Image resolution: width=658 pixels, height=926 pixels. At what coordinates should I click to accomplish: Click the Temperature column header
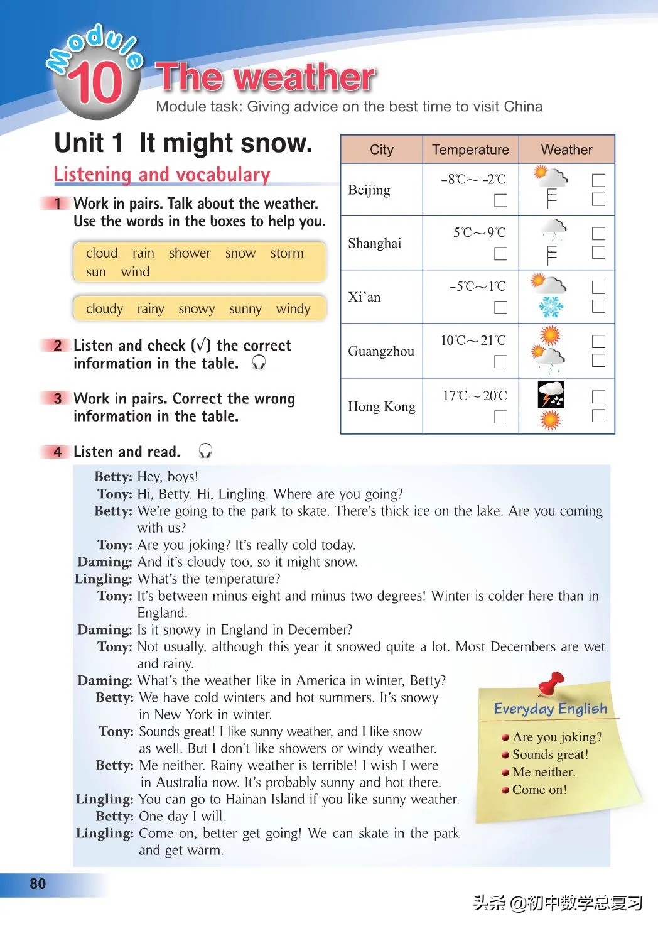(x=470, y=150)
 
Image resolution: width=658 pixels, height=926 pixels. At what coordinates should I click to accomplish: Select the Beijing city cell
(x=369, y=190)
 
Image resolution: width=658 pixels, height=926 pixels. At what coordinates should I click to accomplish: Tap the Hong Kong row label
(x=382, y=406)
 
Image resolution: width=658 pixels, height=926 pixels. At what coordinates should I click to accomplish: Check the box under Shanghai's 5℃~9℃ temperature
(x=500, y=254)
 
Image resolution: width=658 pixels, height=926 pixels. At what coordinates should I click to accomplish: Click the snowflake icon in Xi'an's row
(x=551, y=307)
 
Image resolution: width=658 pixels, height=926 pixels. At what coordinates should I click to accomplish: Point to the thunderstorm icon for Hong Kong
(x=551, y=395)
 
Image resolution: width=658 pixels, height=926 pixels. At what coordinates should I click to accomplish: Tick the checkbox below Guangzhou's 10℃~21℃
(x=500, y=361)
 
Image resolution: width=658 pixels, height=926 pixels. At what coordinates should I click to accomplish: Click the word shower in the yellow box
(x=190, y=253)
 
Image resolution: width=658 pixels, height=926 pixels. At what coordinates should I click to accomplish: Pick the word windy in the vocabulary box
(x=293, y=308)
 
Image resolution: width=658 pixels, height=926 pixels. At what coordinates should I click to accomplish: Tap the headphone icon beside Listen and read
(x=205, y=451)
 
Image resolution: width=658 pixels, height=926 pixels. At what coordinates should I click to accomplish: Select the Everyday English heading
(x=551, y=709)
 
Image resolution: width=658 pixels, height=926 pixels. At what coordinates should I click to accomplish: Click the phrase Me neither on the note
(x=544, y=772)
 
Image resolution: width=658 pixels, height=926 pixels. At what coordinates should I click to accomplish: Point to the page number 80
(x=38, y=884)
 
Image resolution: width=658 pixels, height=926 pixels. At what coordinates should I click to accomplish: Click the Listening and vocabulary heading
(x=162, y=174)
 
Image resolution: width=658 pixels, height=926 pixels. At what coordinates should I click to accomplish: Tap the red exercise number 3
(x=58, y=398)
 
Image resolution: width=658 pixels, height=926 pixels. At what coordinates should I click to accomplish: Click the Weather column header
(x=566, y=150)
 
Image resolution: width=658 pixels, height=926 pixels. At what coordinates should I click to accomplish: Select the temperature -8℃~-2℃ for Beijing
(x=473, y=179)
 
